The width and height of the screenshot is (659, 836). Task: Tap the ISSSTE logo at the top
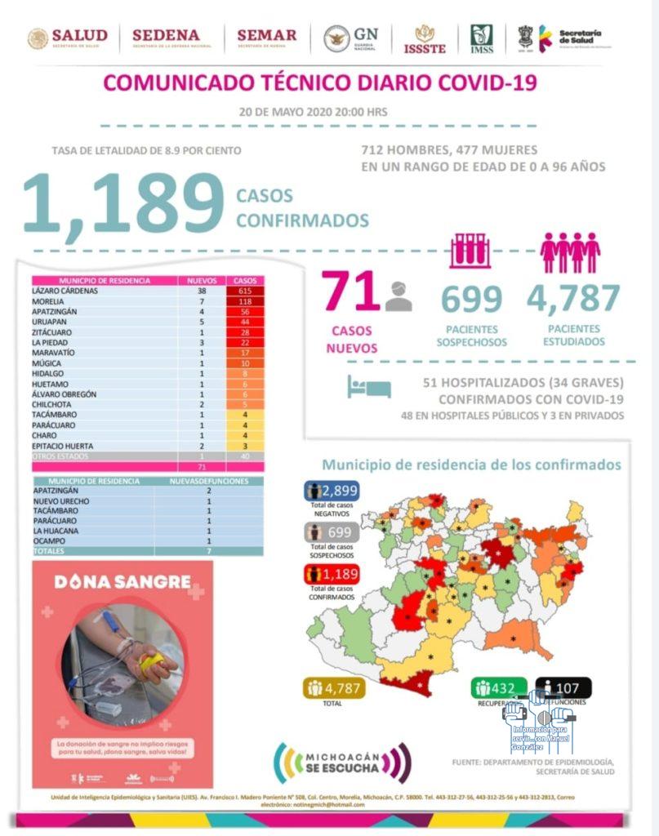(425, 38)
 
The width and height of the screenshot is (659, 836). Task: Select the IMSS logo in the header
(481, 38)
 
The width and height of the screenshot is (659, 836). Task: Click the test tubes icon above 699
(470, 251)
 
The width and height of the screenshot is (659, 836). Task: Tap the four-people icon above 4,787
(570, 252)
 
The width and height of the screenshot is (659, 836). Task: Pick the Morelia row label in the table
(49, 301)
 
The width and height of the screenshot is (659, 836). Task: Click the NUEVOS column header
(201, 280)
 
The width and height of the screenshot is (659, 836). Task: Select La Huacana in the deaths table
(56, 531)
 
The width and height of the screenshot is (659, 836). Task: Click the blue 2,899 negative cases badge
(332, 491)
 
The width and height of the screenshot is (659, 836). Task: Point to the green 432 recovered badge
(499, 688)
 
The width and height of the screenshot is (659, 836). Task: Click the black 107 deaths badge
(563, 688)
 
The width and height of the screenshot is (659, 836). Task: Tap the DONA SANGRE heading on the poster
(122, 583)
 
